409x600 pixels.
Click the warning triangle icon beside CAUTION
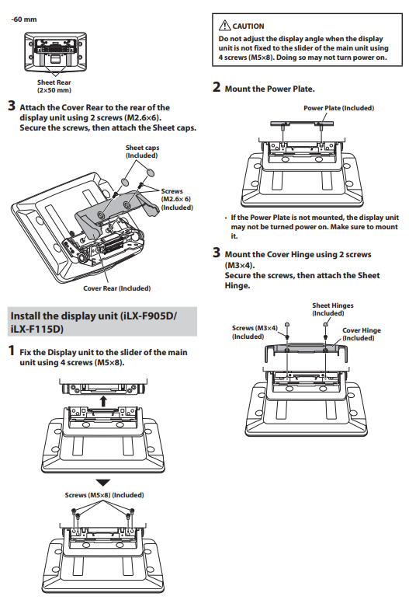pyautogui.click(x=224, y=26)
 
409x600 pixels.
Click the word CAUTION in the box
pyautogui.click(x=248, y=26)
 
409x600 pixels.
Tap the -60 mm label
pyautogui.click(x=24, y=19)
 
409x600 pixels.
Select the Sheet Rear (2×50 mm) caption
pyautogui.click(x=54, y=86)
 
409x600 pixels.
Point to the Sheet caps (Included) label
pyautogui.click(x=142, y=152)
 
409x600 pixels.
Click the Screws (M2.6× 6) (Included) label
pyautogui.click(x=177, y=199)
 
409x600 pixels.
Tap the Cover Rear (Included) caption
pyautogui.click(x=116, y=288)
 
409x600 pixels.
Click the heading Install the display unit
pyautogui.click(x=94, y=323)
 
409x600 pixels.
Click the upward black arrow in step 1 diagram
pyautogui.click(x=103, y=401)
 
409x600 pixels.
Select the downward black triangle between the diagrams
pyautogui.click(x=102, y=482)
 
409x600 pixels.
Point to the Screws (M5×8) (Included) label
pyautogui.click(x=104, y=495)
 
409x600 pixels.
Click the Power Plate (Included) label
pyautogui.click(x=338, y=108)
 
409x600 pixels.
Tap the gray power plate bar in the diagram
pyautogui.click(x=302, y=124)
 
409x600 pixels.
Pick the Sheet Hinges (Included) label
pyautogui.click(x=332, y=309)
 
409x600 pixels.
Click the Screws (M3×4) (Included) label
pyautogui.click(x=255, y=332)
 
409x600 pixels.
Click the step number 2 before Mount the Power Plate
pyautogui.click(x=217, y=87)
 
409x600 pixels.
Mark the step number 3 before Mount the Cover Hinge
pyautogui.click(x=217, y=253)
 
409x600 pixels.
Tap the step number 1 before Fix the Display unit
pyautogui.click(x=12, y=351)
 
